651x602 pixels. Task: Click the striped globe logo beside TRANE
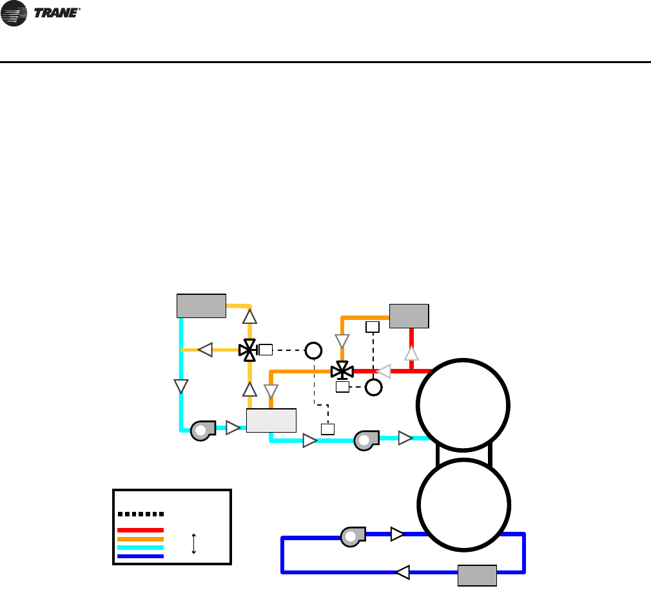pyautogui.click(x=14, y=14)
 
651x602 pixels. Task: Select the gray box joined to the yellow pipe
pyautogui.click(x=201, y=306)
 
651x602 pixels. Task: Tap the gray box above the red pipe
pyautogui.click(x=409, y=315)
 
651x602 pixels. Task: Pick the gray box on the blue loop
pyautogui.click(x=477, y=575)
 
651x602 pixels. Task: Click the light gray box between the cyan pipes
pyautogui.click(x=271, y=420)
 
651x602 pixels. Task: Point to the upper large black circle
pyautogui.click(x=463, y=404)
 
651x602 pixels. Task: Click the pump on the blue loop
pyautogui.click(x=353, y=536)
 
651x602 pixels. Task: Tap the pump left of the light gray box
pyautogui.click(x=203, y=429)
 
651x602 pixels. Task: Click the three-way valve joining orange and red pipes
pyautogui.click(x=342, y=371)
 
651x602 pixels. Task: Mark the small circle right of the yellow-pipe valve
pyautogui.click(x=313, y=350)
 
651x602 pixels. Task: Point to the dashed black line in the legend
pyautogui.click(x=141, y=514)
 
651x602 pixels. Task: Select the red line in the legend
pyautogui.click(x=141, y=530)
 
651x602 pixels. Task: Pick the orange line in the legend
pyautogui.click(x=141, y=539)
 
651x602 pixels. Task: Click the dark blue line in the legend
pyautogui.click(x=141, y=556)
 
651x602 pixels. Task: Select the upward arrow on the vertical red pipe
pyautogui.click(x=411, y=353)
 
